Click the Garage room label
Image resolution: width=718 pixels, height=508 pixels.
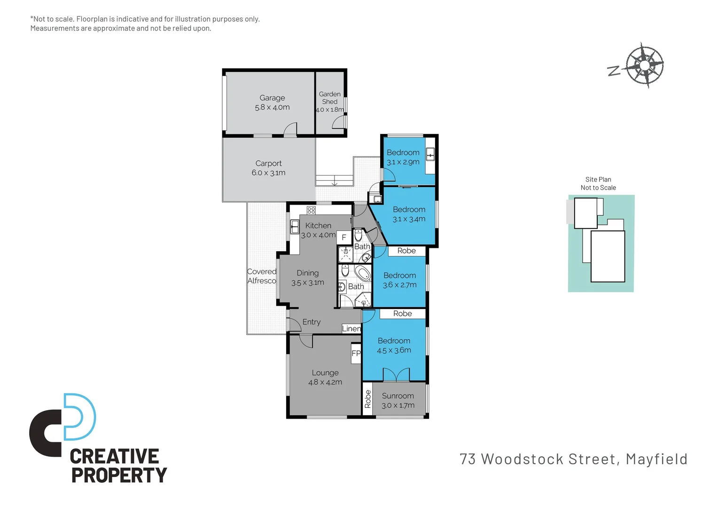coord(272,98)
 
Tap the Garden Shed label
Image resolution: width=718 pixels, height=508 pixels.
coord(329,98)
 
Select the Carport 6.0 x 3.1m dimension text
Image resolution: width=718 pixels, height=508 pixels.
coord(268,173)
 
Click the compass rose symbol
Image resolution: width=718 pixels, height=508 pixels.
coord(644,65)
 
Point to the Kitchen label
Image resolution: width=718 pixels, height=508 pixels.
coord(318,226)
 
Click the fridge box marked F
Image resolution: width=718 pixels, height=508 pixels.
coord(344,238)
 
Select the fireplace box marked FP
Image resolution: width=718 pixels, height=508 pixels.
coord(356,353)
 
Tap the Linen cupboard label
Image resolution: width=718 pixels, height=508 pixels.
coord(351,329)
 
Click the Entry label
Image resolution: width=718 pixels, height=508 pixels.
coord(311,322)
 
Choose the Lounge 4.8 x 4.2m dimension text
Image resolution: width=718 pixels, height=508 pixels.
coord(325,382)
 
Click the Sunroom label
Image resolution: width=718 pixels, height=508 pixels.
coord(398,396)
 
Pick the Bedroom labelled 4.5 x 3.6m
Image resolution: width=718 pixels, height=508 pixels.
coord(394,345)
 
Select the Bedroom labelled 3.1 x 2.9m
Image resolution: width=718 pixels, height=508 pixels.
coord(403,157)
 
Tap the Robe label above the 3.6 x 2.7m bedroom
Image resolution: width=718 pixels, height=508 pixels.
coord(406,251)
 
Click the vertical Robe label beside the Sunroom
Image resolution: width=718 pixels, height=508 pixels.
coord(367,399)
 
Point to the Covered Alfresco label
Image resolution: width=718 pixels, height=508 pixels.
coord(262,276)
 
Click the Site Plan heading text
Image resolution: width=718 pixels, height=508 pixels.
coord(598,179)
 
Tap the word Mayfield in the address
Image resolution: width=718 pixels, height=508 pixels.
coord(656,459)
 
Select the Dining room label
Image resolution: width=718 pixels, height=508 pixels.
coord(307,273)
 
